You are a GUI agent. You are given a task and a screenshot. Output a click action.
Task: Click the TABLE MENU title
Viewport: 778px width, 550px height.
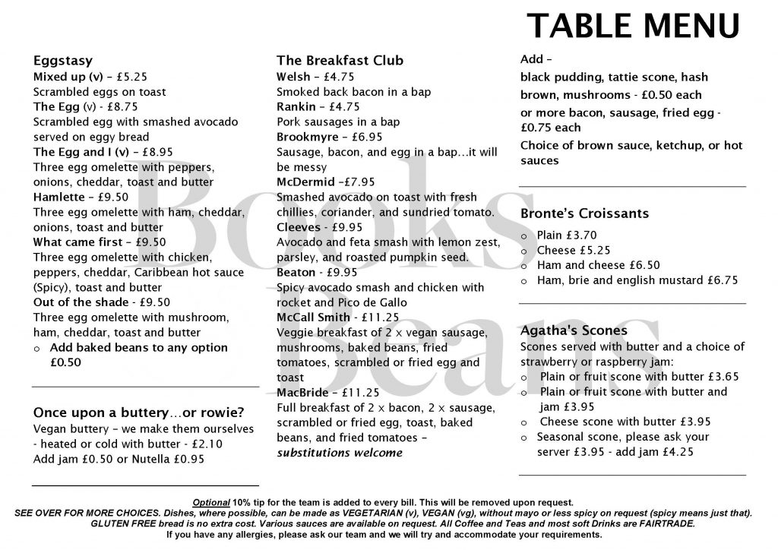pyautogui.click(x=633, y=26)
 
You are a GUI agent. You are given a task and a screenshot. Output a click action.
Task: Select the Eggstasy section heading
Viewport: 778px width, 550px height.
pyautogui.click(x=63, y=61)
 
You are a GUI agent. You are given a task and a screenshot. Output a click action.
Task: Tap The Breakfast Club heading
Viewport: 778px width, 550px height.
pyautogui.click(x=340, y=61)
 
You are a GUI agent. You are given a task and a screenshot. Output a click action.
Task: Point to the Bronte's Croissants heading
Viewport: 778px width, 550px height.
pyautogui.click(x=584, y=213)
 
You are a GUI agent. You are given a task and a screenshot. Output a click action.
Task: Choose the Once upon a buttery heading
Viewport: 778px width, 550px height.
pyautogui.click(x=138, y=412)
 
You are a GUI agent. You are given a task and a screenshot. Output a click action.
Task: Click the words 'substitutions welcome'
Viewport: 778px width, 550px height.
pyautogui.click(x=339, y=453)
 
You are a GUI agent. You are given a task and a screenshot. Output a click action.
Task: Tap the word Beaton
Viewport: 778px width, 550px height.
pyautogui.click(x=296, y=272)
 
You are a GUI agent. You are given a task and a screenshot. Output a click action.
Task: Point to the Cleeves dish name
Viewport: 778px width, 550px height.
pyautogui.click(x=298, y=227)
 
